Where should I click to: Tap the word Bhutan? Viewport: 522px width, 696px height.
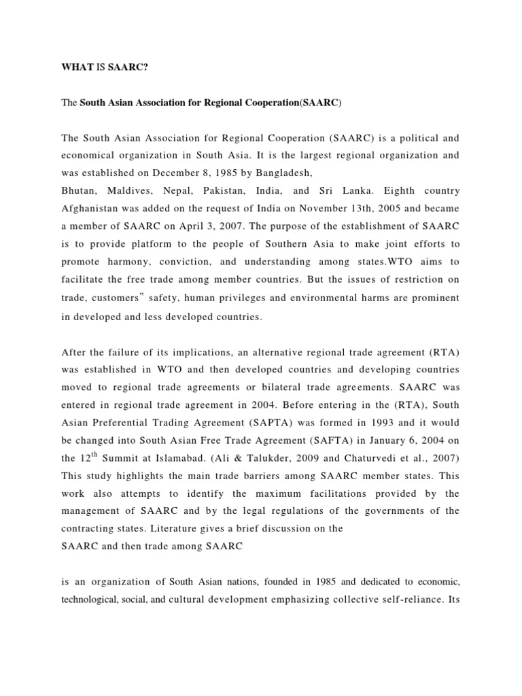tap(79, 191)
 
